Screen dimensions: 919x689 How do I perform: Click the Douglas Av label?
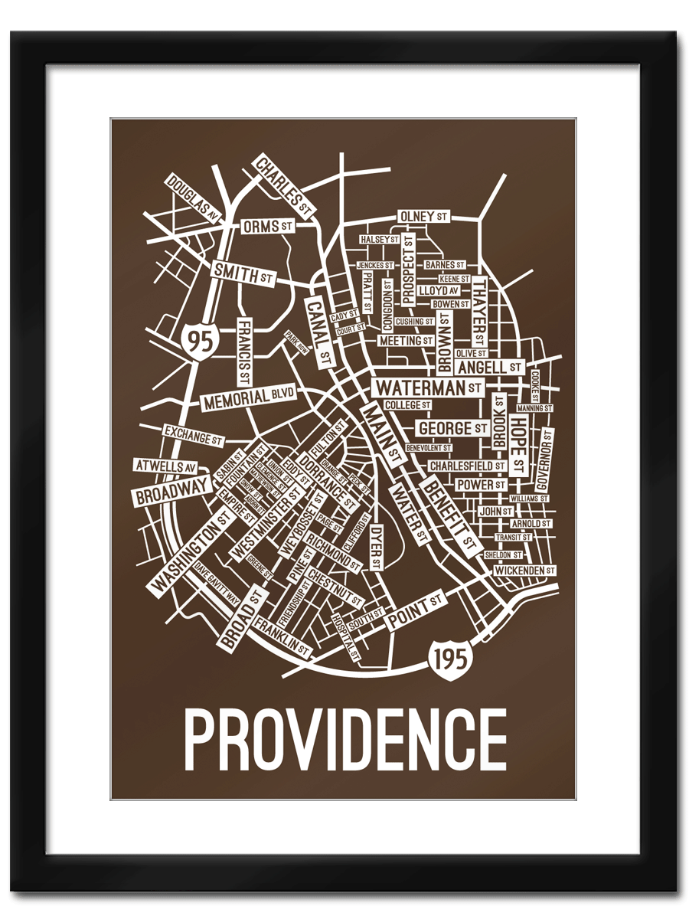click(x=192, y=199)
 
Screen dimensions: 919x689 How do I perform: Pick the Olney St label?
click(x=423, y=217)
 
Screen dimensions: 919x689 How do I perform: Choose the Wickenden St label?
click(x=524, y=571)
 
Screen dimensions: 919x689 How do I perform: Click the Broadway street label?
click(x=174, y=490)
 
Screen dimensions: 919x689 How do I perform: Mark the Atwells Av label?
click(x=165, y=466)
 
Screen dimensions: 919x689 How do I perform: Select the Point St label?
click(x=413, y=611)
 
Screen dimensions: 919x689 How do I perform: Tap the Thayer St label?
click(x=478, y=311)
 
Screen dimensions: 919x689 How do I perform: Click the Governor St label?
click(x=546, y=459)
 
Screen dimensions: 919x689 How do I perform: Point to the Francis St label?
click(x=244, y=352)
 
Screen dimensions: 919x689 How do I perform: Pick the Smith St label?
click(x=243, y=273)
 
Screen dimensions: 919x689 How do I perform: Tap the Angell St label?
click(x=490, y=368)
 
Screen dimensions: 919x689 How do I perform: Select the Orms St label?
click(x=268, y=227)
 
